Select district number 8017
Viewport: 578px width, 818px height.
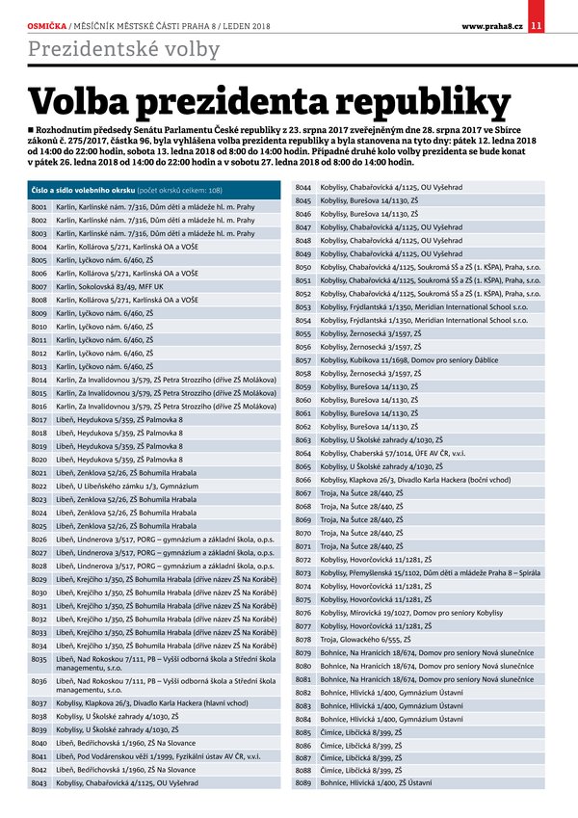[x=39, y=419]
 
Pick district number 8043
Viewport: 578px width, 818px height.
[x=39, y=782]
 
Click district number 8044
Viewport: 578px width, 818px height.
[x=302, y=186]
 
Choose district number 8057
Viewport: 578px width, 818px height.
[x=302, y=359]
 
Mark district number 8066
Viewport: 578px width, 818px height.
[x=302, y=479]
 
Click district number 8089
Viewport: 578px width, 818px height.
[x=302, y=782]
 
